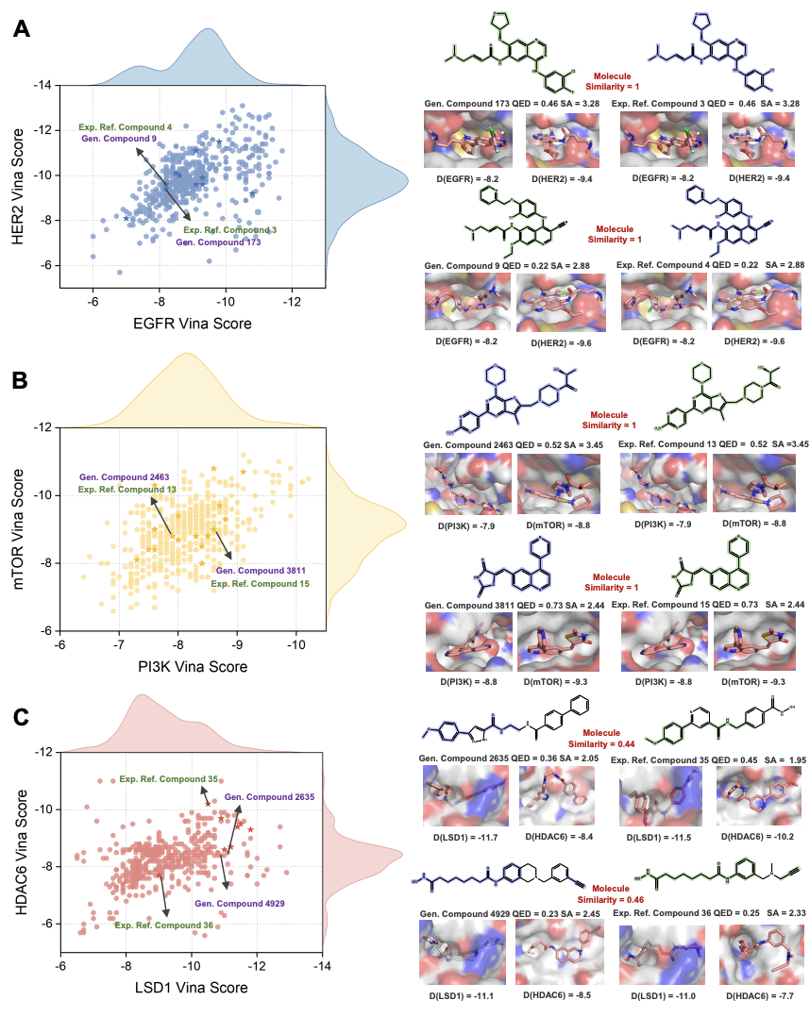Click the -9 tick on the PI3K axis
237,643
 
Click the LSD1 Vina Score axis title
192,988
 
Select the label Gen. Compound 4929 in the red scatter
239,904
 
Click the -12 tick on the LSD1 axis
258,966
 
